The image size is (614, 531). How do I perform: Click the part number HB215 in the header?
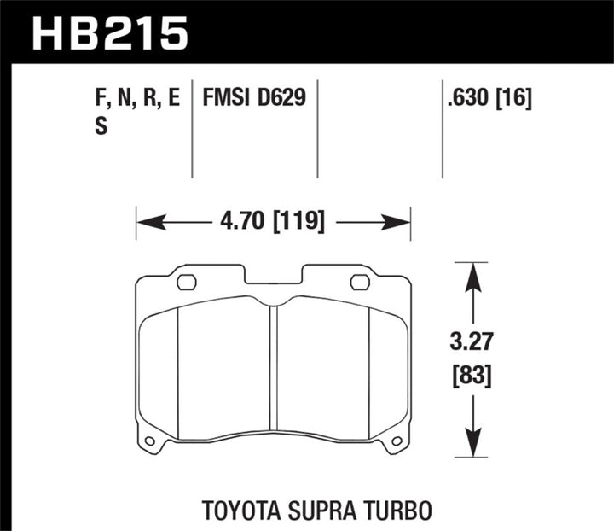click(108, 34)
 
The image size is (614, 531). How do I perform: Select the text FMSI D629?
click(254, 99)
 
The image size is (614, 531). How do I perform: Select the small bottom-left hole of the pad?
click(151, 441)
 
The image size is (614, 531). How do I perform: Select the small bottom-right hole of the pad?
click(397, 441)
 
